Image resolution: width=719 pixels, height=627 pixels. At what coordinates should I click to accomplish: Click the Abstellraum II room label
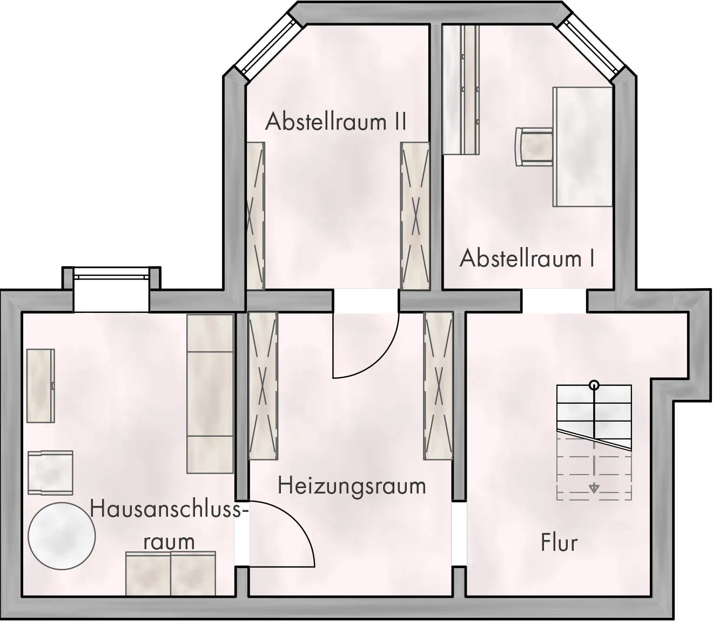(335, 121)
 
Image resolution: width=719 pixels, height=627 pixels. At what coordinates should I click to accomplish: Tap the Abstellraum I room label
(527, 258)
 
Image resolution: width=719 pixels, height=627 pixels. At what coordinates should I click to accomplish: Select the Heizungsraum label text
(352, 486)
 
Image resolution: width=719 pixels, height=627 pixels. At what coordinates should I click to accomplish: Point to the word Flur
(559, 543)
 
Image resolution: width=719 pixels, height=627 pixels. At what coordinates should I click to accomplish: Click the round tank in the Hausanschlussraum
(62, 536)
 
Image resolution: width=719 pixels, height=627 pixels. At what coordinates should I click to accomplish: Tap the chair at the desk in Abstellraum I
(534, 146)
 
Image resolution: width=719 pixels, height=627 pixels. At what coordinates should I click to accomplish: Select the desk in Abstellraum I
(583, 146)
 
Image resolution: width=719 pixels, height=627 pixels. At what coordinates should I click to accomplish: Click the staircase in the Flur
(594, 442)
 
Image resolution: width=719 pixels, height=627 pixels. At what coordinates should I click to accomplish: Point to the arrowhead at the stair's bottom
(594, 489)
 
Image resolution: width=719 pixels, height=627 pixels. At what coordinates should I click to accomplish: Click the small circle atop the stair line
(594, 385)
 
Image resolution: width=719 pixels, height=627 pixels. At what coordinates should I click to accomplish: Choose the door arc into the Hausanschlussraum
(292, 521)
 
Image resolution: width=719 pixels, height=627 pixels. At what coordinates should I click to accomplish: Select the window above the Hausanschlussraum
(111, 277)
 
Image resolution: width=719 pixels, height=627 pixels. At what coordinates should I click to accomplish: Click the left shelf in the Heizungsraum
(263, 386)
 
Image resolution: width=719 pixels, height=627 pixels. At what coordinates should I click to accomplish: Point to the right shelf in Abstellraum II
(415, 216)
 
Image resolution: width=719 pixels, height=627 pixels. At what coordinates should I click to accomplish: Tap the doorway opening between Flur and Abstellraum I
(554, 301)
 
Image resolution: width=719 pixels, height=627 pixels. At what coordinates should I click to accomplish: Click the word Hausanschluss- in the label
(170, 509)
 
